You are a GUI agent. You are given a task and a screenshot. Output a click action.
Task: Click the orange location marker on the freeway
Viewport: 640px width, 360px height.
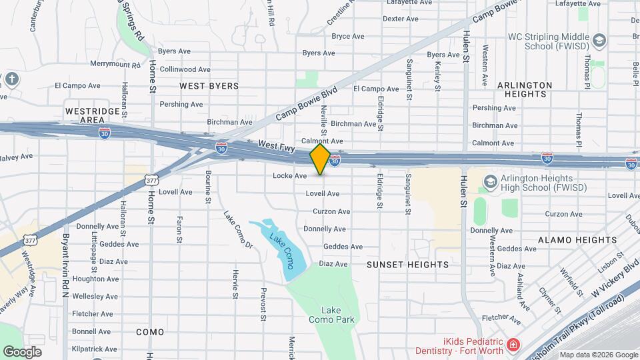tap(320, 159)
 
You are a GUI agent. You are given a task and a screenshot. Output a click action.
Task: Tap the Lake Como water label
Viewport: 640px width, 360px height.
tap(281, 247)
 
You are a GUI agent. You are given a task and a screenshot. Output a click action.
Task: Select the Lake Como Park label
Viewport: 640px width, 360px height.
tap(331, 315)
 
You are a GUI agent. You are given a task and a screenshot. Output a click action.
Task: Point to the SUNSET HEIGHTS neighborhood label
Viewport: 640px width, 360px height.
tap(408, 265)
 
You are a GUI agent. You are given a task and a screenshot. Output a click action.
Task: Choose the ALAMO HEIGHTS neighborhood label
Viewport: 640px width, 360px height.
tap(565, 239)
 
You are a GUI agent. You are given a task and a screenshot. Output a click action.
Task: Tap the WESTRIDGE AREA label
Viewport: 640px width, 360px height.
tap(93, 115)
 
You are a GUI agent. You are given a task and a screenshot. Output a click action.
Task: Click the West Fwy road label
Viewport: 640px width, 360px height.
tap(276, 144)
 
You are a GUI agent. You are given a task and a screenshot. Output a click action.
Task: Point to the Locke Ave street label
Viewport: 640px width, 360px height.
tap(289, 176)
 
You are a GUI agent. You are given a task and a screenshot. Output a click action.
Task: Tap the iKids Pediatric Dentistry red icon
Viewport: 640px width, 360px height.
tap(512, 345)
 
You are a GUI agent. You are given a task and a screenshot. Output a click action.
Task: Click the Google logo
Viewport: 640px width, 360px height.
tap(22, 351)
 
